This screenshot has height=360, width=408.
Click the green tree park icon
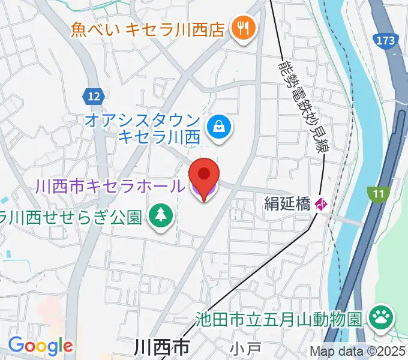point(161,215)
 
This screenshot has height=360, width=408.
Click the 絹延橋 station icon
point(321,205)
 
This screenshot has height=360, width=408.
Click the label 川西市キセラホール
point(109,187)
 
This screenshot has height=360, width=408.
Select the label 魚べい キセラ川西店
point(147,29)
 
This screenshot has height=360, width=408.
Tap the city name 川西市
point(161,347)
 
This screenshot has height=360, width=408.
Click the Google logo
point(40,346)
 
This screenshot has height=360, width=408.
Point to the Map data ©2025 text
point(358,352)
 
